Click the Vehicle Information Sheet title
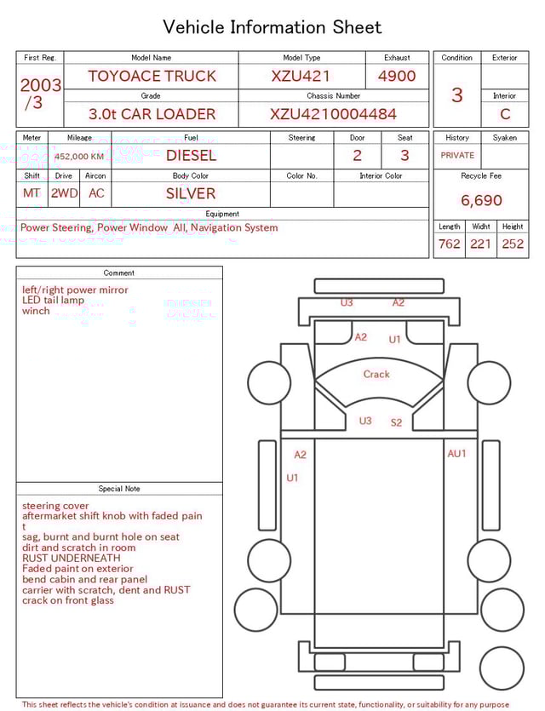point(272,27)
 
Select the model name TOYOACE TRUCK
point(152,76)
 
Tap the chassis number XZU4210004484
point(333,114)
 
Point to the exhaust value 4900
point(397,76)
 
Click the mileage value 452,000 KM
point(79,157)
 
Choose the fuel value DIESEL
point(191,155)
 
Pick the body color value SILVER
point(191,193)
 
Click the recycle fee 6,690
point(481,200)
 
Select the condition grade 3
point(456,95)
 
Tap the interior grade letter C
point(505,114)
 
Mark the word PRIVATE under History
point(457,156)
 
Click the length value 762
point(449,244)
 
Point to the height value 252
point(513,244)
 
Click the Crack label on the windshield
point(376,374)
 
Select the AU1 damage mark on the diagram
point(457,454)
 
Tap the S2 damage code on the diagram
point(397,422)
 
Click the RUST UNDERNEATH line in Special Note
point(72,558)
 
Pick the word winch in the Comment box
point(36,311)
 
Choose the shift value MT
point(32,193)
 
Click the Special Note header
point(119,489)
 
